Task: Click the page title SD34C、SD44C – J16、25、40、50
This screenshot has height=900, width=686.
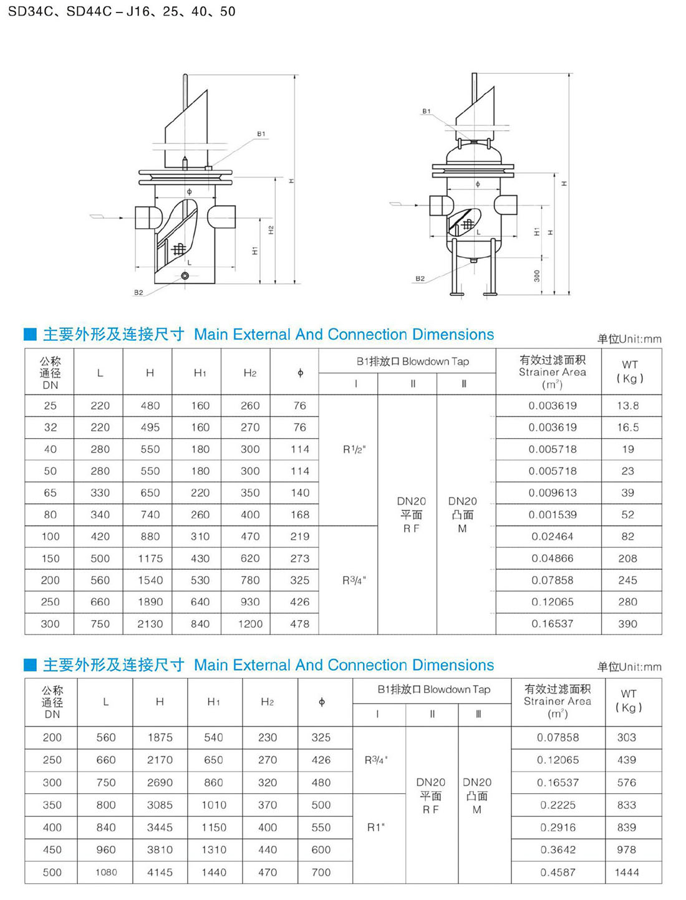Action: tap(122, 11)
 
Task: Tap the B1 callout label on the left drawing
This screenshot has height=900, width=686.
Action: tap(261, 134)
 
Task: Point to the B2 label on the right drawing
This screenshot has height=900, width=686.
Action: tap(420, 279)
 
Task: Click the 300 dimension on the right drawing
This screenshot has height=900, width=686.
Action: tap(537, 275)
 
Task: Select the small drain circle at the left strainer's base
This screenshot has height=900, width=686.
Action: tap(185, 275)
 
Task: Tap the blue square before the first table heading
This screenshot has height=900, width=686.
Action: tap(30, 334)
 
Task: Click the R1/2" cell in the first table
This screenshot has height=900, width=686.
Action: tap(354, 449)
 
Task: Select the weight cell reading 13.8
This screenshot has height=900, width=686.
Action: tap(627, 406)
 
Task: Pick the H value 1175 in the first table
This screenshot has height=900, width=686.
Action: tap(150, 558)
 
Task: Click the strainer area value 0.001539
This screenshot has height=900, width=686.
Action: tap(553, 515)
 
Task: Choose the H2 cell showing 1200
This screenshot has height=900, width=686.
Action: tap(250, 624)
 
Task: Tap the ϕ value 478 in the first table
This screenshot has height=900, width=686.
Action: tap(300, 624)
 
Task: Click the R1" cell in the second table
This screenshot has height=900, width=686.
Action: tap(376, 827)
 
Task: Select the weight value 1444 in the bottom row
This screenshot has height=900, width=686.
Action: tap(627, 873)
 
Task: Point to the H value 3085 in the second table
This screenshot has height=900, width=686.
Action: tap(160, 805)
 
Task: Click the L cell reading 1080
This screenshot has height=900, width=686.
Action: tap(106, 873)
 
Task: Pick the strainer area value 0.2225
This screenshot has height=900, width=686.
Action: tap(558, 805)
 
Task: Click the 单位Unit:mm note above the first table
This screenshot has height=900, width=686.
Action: tap(629, 339)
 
